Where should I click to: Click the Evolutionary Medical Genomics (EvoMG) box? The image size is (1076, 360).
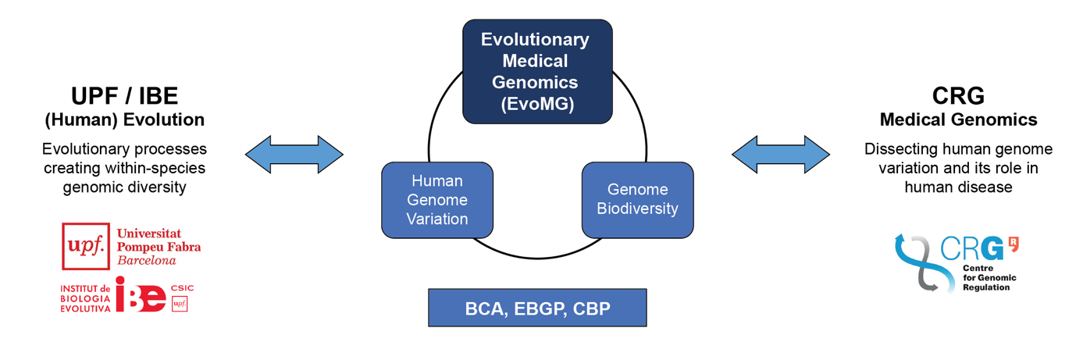[x=537, y=72]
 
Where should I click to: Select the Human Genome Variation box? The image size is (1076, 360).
[x=437, y=200]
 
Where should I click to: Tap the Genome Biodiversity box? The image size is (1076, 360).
[x=637, y=199]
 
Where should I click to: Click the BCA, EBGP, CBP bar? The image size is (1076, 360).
[x=537, y=308]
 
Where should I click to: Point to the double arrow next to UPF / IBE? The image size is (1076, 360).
[x=294, y=154]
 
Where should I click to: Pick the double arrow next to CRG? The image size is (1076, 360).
[x=781, y=154]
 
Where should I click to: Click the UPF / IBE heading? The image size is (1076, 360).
[x=125, y=96]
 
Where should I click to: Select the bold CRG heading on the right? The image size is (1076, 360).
[x=958, y=96]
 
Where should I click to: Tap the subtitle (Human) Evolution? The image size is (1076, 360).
[x=125, y=120]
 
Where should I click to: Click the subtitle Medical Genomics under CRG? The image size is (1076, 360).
[x=958, y=120]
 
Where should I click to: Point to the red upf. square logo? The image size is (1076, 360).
[x=86, y=246]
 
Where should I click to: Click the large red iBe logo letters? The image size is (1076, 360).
[x=141, y=295]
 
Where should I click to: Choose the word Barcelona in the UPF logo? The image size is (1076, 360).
[x=147, y=261]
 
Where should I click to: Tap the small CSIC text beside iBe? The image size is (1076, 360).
[x=181, y=288]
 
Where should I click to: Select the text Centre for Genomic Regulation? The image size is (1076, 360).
[x=989, y=277]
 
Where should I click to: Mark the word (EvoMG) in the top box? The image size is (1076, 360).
[x=537, y=103]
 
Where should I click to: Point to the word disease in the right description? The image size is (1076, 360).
[x=984, y=187]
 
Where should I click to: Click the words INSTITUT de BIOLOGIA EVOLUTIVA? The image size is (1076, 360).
[x=86, y=298]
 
